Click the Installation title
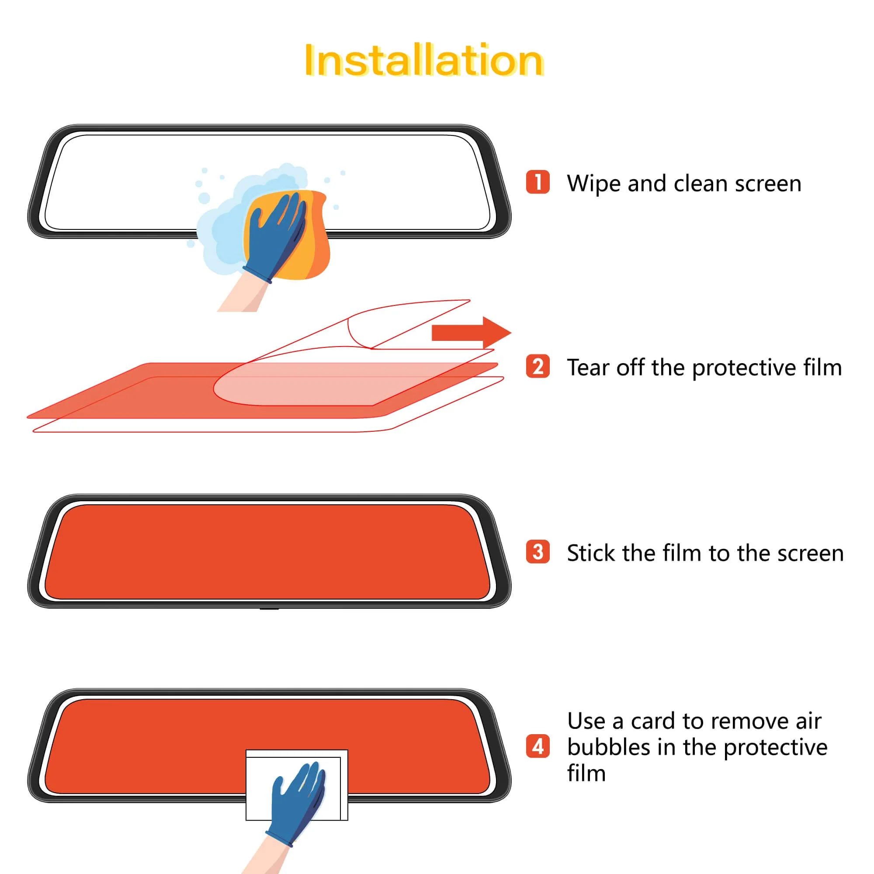click(x=423, y=61)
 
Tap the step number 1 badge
click(x=538, y=182)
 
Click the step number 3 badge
click(x=538, y=551)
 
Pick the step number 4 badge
click(x=538, y=746)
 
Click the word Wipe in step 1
click(x=593, y=184)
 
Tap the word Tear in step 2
click(x=589, y=368)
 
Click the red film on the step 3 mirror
click(x=267, y=552)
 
